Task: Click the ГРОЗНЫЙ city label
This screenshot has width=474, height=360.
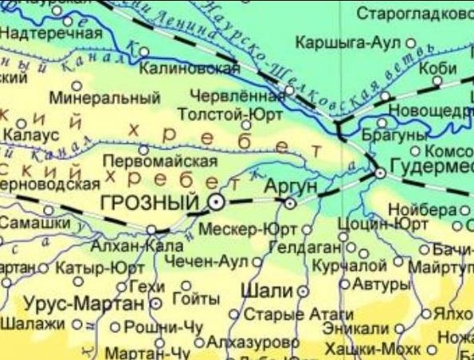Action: coord(150,202)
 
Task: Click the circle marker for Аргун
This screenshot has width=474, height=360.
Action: coord(290,203)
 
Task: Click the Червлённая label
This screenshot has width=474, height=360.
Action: coord(237,97)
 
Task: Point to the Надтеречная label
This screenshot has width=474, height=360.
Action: coord(51,33)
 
